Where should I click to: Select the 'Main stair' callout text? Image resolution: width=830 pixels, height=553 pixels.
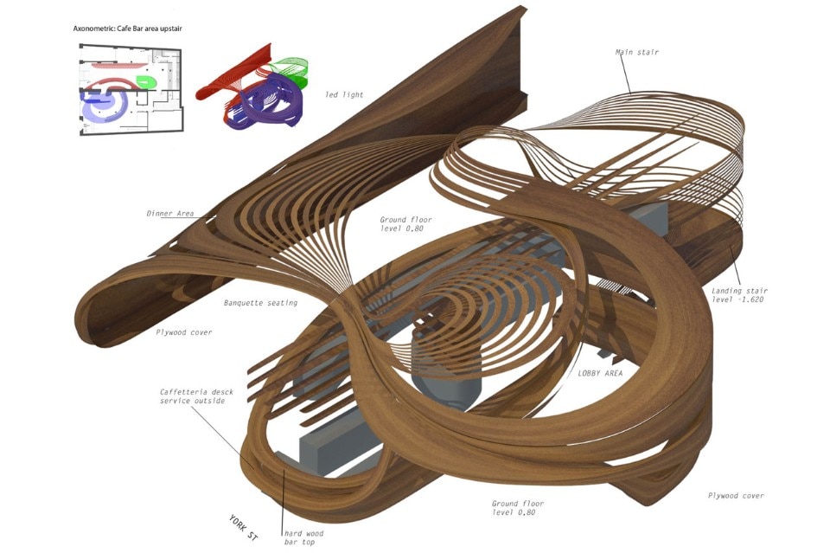636,53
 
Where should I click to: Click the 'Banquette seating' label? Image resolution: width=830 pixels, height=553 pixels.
259,303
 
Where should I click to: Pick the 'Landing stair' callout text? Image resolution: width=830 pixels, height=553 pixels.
739,291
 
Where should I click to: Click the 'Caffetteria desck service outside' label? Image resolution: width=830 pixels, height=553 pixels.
191,395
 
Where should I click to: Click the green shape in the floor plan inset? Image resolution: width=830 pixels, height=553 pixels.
145,82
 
